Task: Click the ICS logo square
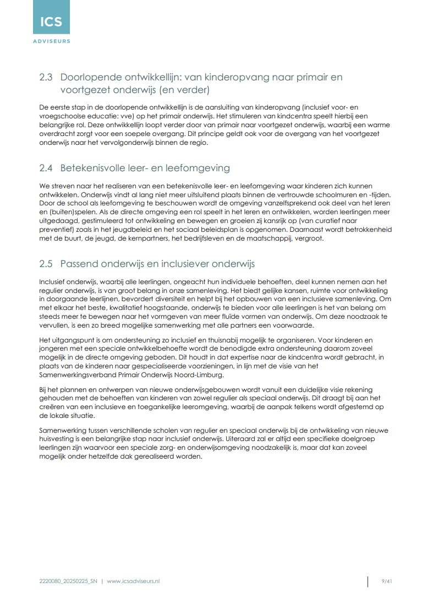point(51,18)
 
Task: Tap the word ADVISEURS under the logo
point(51,41)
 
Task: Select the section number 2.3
point(46,77)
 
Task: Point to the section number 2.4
point(46,168)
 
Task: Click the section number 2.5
point(46,264)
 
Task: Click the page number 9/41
point(387,581)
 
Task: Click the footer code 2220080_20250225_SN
point(68,581)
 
